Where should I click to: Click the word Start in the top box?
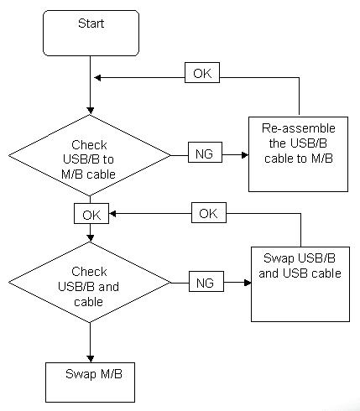91,23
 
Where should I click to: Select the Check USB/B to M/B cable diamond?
90,155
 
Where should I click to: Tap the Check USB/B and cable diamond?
90,282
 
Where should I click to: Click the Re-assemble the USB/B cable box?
298,154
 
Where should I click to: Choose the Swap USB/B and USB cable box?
300,284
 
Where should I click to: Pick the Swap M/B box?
90,382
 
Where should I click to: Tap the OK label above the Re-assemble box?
202,73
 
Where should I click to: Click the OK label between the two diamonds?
91,213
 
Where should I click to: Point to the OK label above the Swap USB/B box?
209,212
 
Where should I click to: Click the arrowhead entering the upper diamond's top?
90,111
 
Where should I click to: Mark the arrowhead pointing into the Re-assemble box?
245,155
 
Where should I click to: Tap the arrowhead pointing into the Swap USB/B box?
248,283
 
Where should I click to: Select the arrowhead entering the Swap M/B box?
90,359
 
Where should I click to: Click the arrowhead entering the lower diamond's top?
90,238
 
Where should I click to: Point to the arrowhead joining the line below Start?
97,78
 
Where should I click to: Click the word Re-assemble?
299,128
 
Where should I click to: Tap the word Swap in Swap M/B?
81,374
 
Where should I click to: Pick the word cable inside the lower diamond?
88,302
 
